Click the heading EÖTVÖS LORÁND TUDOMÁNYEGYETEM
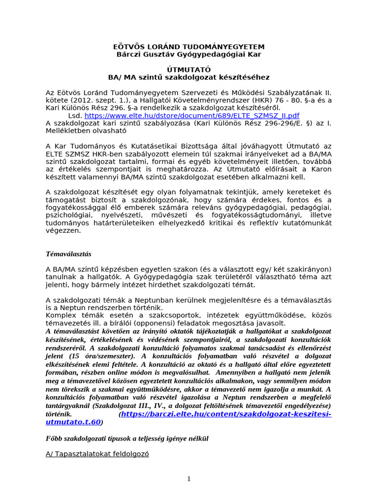tap(189, 46)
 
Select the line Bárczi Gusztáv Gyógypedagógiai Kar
tap(189, 54)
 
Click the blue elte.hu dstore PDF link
tap(192, 116)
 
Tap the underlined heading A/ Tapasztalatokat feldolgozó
tap(97, 454)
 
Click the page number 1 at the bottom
tap(189, 479)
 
